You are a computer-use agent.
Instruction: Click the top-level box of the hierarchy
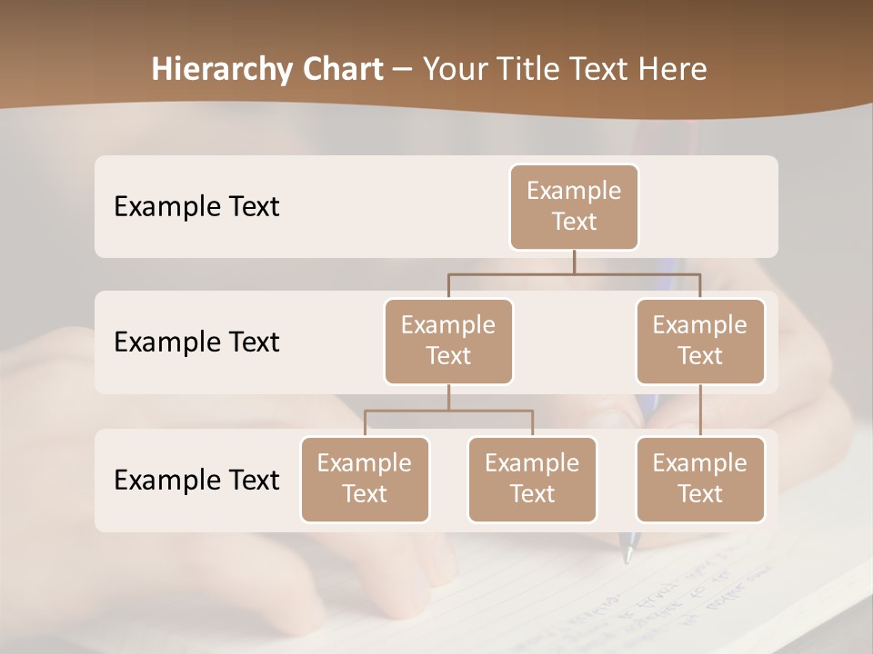pos(574,206)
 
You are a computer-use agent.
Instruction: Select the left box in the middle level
pos(448,341)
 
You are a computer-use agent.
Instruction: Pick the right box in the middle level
pos(700,341)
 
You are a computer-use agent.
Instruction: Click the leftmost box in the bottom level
pos(365,479)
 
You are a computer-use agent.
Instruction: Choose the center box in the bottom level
pos(532,479)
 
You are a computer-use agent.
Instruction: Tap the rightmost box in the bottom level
pos(700,479)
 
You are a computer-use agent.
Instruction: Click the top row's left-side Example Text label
pos(196,206)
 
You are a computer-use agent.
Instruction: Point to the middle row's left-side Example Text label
pos(196,342)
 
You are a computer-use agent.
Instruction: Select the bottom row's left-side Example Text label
pos(196,480)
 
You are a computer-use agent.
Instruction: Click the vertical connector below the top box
pos(574,262)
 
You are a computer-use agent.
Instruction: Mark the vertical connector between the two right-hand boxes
pos(700,411)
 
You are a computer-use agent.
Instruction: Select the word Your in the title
pos(455,69)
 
